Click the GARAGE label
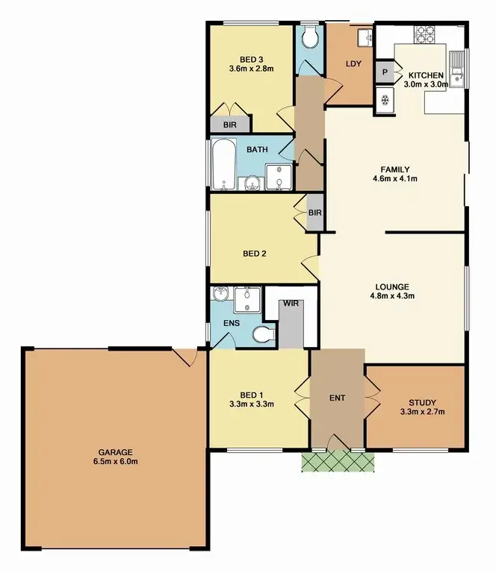point(114,452)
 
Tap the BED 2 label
point(255,254)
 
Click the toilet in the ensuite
point(262,335)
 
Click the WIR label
point(290,304)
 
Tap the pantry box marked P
point(385,72)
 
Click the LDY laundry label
point(353,64)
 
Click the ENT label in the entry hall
point(338,398)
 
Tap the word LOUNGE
point(393,286)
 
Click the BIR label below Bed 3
point(230,125)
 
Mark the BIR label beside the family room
point(315,213)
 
